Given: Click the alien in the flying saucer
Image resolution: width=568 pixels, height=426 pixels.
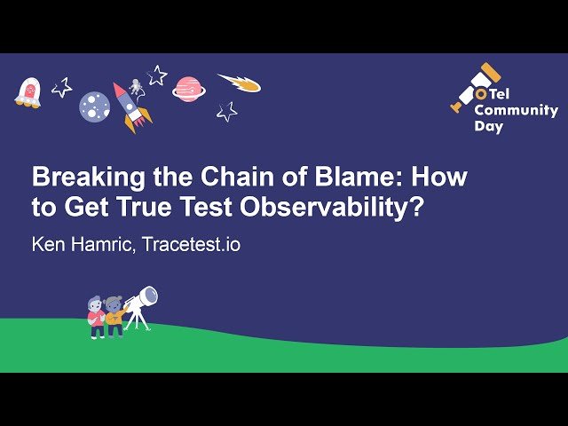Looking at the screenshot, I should [28, 91].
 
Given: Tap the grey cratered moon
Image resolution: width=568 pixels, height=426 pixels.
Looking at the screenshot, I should [94, 107].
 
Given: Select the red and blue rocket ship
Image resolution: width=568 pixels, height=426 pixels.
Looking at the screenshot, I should [130, 106].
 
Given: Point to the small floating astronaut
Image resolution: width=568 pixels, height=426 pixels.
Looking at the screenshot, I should [137, 87].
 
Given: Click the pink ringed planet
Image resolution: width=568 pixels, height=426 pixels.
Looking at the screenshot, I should [187, 87].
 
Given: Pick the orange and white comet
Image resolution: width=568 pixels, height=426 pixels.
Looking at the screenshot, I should [241, 83].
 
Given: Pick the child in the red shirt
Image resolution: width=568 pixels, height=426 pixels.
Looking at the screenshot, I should [96, 318].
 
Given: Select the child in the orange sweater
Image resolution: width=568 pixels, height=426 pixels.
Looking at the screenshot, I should [114, 317].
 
